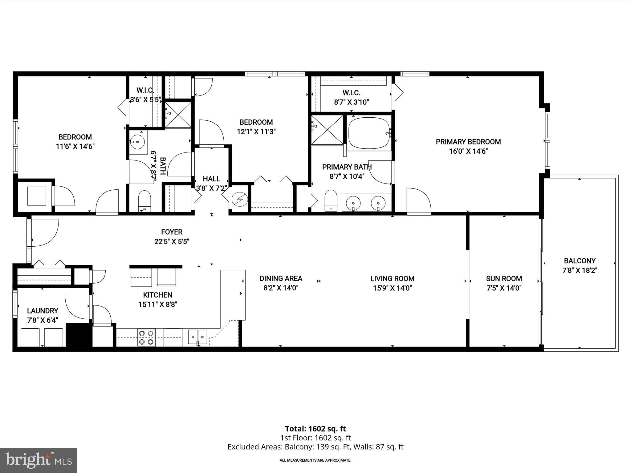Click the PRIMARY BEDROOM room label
pyautogui.click(x=468, y=142)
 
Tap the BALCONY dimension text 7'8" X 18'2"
pyautogui.click(x=580, y=271)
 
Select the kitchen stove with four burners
pyautogui.click(x=146, y=338)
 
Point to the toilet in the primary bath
pyautogui.click(x=331, y=201)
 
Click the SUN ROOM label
pyautogui.click(x=504, y=279)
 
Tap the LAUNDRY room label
pyautogui.click(x=43, y=311)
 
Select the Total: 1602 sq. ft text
pyautogui.click(x=315, y=429)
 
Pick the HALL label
pyautogui.click(x=211, y=179)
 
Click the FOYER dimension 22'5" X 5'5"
pyautogui.click(x=172, y=242)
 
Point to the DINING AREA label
pyautogui.click(x=281, y=279)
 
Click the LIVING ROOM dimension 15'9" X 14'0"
pyautogui.click(x=392, y=288)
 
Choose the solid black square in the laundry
pyautogui.click(x=79, y=335)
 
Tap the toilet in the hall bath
pyautogui.click(x=144, y=200)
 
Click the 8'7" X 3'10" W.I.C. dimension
pyautogui.click(x=351, y=102)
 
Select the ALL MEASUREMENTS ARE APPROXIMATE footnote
pyautogui.click(x=315, y=460)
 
